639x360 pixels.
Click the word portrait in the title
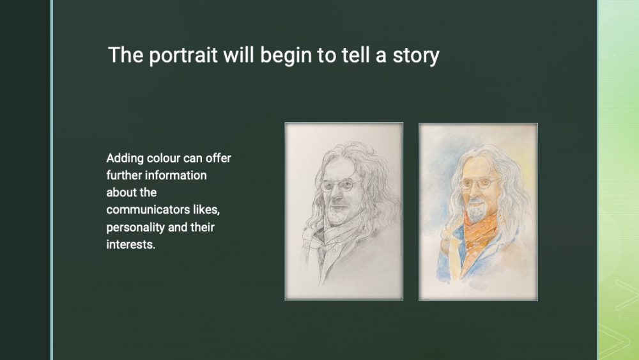tap(183, 56)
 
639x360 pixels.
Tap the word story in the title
tap(416, 56)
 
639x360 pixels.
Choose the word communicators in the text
tap(148, 210)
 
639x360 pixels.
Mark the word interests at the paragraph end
tap(131, 245)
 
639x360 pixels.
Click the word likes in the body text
tap(206, 210)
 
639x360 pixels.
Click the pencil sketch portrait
tap(344, 211)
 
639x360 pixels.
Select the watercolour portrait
tap(478, 212)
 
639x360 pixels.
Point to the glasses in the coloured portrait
tap(477, 184)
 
